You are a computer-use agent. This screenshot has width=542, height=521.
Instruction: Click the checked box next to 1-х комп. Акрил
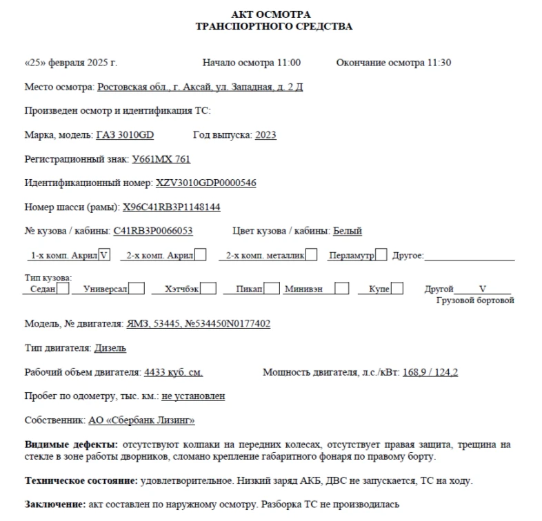click(105, 255)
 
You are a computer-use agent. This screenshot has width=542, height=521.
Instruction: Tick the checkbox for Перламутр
click(381, 255)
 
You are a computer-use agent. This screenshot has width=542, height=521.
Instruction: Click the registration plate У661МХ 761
click(161, 159)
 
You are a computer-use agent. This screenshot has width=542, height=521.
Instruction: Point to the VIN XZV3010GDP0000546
click(206, 183)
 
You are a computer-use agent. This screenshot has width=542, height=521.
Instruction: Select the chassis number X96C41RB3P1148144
click(171, 207)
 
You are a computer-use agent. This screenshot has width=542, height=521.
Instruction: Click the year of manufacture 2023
click(265, 135)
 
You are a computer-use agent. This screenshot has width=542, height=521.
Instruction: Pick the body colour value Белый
click(348, 231)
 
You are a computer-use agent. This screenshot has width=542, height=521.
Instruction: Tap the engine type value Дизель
click(110, 348)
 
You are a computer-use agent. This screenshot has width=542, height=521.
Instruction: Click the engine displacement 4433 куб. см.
click(173, 372)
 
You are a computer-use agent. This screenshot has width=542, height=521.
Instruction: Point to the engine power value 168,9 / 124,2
click(430, 372)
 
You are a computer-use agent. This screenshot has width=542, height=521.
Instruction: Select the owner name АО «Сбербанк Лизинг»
click(141, 420)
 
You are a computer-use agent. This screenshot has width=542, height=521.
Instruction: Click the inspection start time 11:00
click(290, 63)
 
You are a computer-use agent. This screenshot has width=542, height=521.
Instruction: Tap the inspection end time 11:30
click(439, 63)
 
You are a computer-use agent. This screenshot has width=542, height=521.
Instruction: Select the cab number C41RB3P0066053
click(153, 231)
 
